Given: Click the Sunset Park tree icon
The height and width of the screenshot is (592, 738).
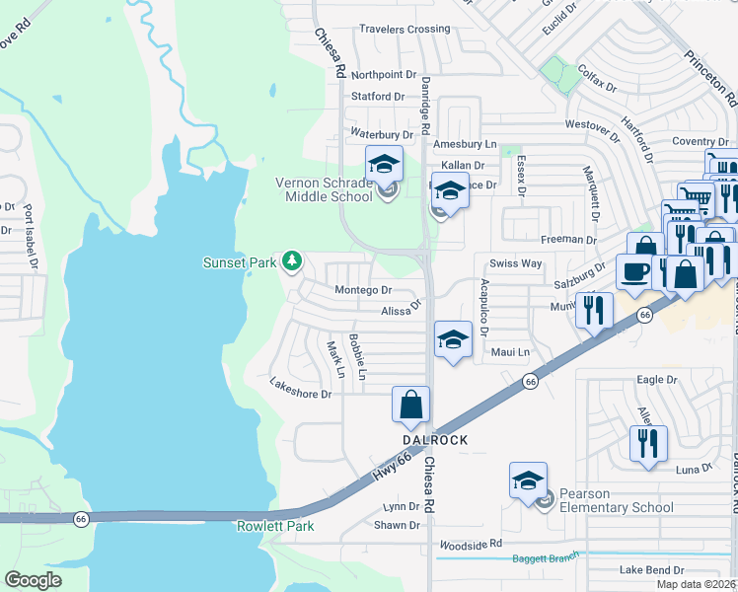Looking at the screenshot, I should (x=291, y=261).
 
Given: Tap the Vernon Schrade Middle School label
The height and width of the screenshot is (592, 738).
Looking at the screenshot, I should (x=324, y=188).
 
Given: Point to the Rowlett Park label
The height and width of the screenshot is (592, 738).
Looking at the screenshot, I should (x=275, y=526).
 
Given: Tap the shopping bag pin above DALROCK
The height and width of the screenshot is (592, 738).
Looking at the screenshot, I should (x=410, y=405).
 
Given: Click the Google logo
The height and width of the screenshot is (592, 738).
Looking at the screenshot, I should (x=34, y=579).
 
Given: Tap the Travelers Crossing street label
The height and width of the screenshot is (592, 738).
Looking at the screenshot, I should (x=405, y=30).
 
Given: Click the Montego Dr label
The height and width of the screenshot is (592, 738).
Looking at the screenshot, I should (x=363, y=290).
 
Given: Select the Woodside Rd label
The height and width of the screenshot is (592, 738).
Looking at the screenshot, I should (x=470, y=544).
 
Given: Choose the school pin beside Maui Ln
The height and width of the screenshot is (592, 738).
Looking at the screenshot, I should (x=452, y=341).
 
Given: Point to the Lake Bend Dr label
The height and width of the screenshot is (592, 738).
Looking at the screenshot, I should (x=651, y=570).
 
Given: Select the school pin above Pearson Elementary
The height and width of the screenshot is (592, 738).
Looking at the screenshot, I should (x=528, y=481).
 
